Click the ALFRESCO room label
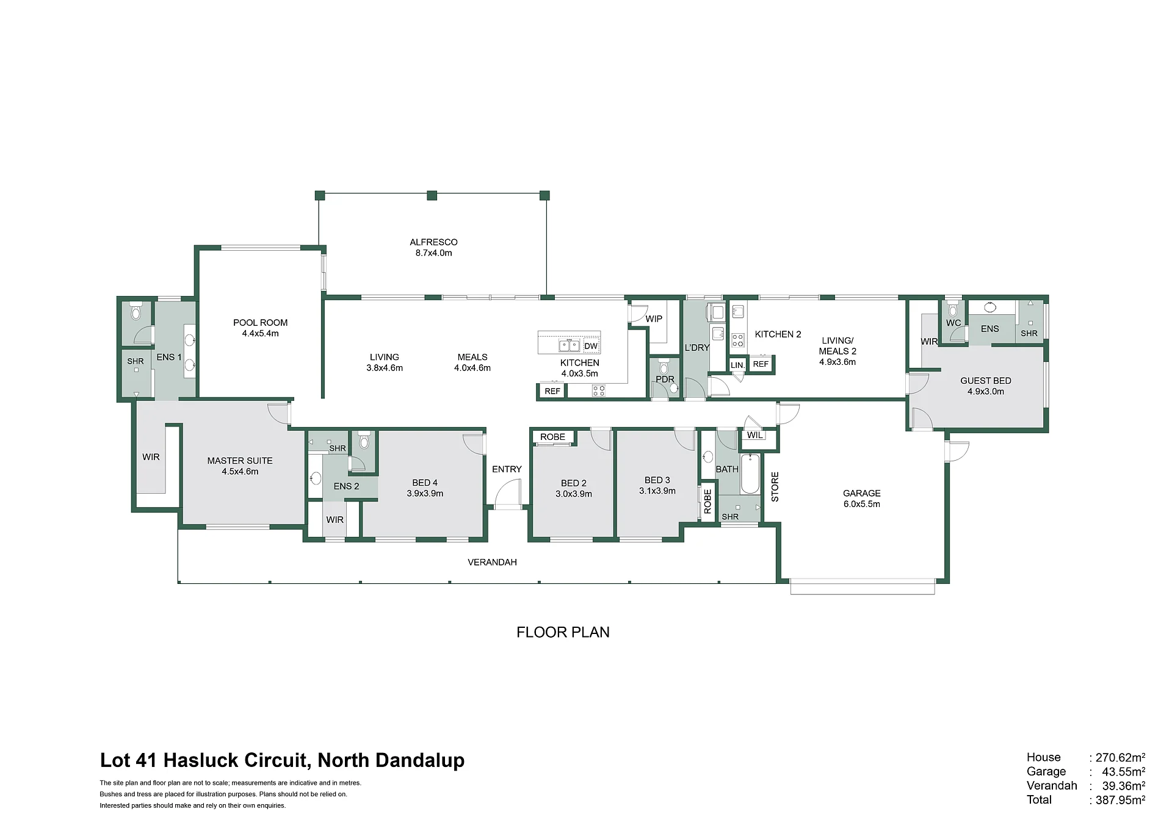pyautogui.click(x=433, y=242)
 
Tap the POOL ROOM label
pyautogui.click(x=260, y=323)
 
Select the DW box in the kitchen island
pyautogui.click(x=591, y=346)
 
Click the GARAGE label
pyautogui.click(x=861, y=493)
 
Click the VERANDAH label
pyautogui.click(x=492, y=562)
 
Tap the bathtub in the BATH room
pyautogui.click(x=750, y=473)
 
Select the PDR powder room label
pyautogui.click(x=665, y=379)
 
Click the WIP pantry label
pyautogui.click(x=654, y=319)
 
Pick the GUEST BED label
pyautogui.click(x=985, y=381)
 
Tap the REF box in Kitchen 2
pyautogui.click(x=761, y=364)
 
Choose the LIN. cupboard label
pyautogui.click(x=737, y=365)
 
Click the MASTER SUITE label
pyautogui.click(x=240, y=461)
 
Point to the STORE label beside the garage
pyautogui.click(x=775, y=486)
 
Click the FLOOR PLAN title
pyautogui.click(x=563, y=632)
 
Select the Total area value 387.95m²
pyautogui.click(x=1120, y=800)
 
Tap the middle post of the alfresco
pyautogui.click(x=432, y=195)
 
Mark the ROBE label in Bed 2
pyautogui.click(x=552, y=437)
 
